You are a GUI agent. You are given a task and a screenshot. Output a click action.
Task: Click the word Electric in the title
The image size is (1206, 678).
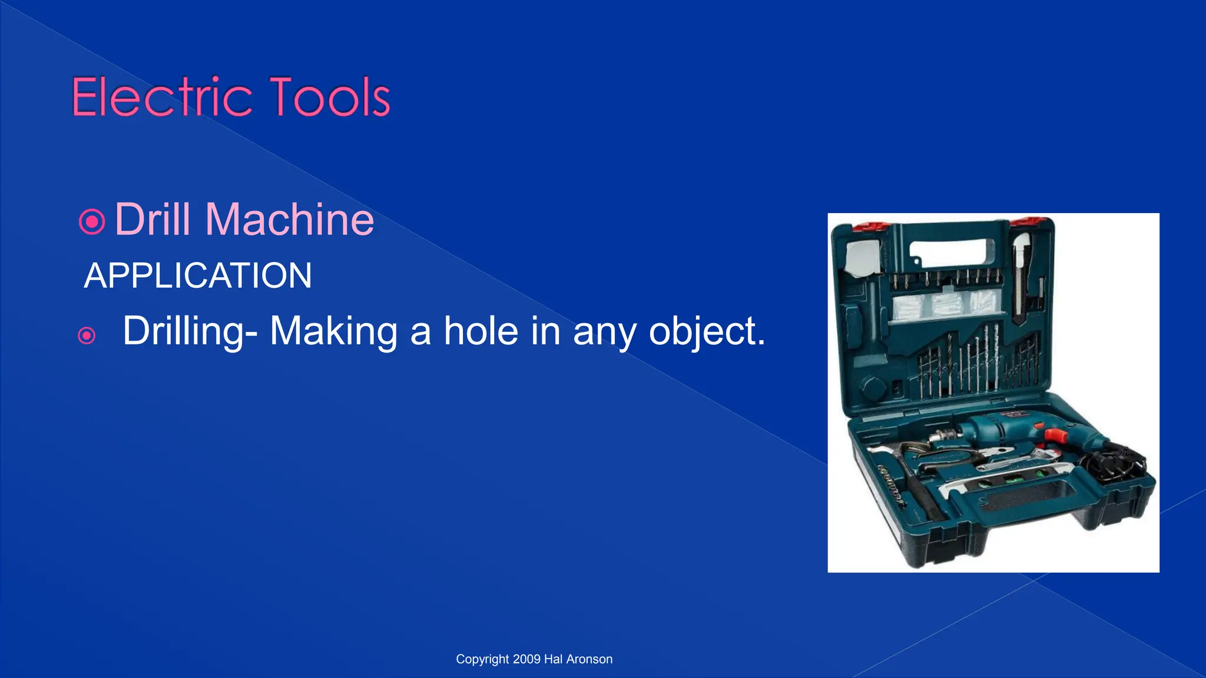[x=160, y=97]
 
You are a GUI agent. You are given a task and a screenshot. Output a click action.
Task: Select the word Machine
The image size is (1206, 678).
[x=289, y=220]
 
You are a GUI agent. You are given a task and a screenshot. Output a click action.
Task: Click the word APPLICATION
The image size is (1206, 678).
[x=198, y=275]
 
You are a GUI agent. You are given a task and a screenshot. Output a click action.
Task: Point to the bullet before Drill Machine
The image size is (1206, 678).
[x=92, y=222]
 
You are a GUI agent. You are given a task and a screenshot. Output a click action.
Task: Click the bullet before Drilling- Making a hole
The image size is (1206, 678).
[x=87, y=335]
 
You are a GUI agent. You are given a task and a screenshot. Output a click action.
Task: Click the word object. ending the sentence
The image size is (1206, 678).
[x=707, y=331]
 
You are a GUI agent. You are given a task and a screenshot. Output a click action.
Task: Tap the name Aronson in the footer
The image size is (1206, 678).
[x=589, y=659]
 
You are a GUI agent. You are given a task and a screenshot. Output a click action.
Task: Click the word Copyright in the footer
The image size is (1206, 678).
[x=482, y=659]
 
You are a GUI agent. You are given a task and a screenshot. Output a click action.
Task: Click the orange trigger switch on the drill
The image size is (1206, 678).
[x=1056, y=436]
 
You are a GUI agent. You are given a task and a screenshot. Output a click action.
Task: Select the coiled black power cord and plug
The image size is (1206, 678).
[x=1116, y=462]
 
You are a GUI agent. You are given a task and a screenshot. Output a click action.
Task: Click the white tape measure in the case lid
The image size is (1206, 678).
[x=863, y=258]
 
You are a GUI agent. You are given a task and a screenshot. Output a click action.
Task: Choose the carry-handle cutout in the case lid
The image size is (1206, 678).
[x=948, y=251]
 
